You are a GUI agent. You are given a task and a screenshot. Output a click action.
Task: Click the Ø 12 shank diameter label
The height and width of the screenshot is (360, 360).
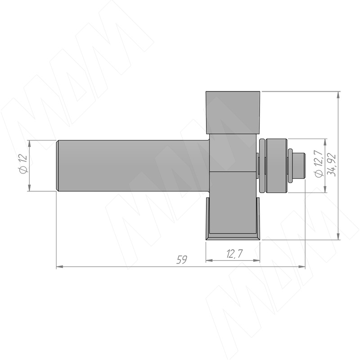click(24, 164)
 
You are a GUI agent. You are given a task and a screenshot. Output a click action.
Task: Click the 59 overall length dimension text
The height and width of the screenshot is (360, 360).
click(182, 260)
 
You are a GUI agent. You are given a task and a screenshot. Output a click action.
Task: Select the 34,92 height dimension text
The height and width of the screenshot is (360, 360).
click(331, 164)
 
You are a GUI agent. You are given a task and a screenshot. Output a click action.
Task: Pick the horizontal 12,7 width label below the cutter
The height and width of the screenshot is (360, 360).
click(234, 254)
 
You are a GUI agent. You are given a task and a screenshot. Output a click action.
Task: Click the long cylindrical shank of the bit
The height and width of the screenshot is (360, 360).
click(133, 166)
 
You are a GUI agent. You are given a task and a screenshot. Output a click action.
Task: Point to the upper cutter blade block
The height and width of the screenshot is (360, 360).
click(233, 112)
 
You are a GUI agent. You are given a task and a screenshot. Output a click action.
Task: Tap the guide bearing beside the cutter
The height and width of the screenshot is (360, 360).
click(273, 166)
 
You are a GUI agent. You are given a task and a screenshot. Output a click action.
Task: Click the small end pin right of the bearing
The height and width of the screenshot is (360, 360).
click(299, 166)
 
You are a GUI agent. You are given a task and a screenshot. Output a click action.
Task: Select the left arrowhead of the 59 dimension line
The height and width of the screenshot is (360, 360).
click(60, 267)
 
